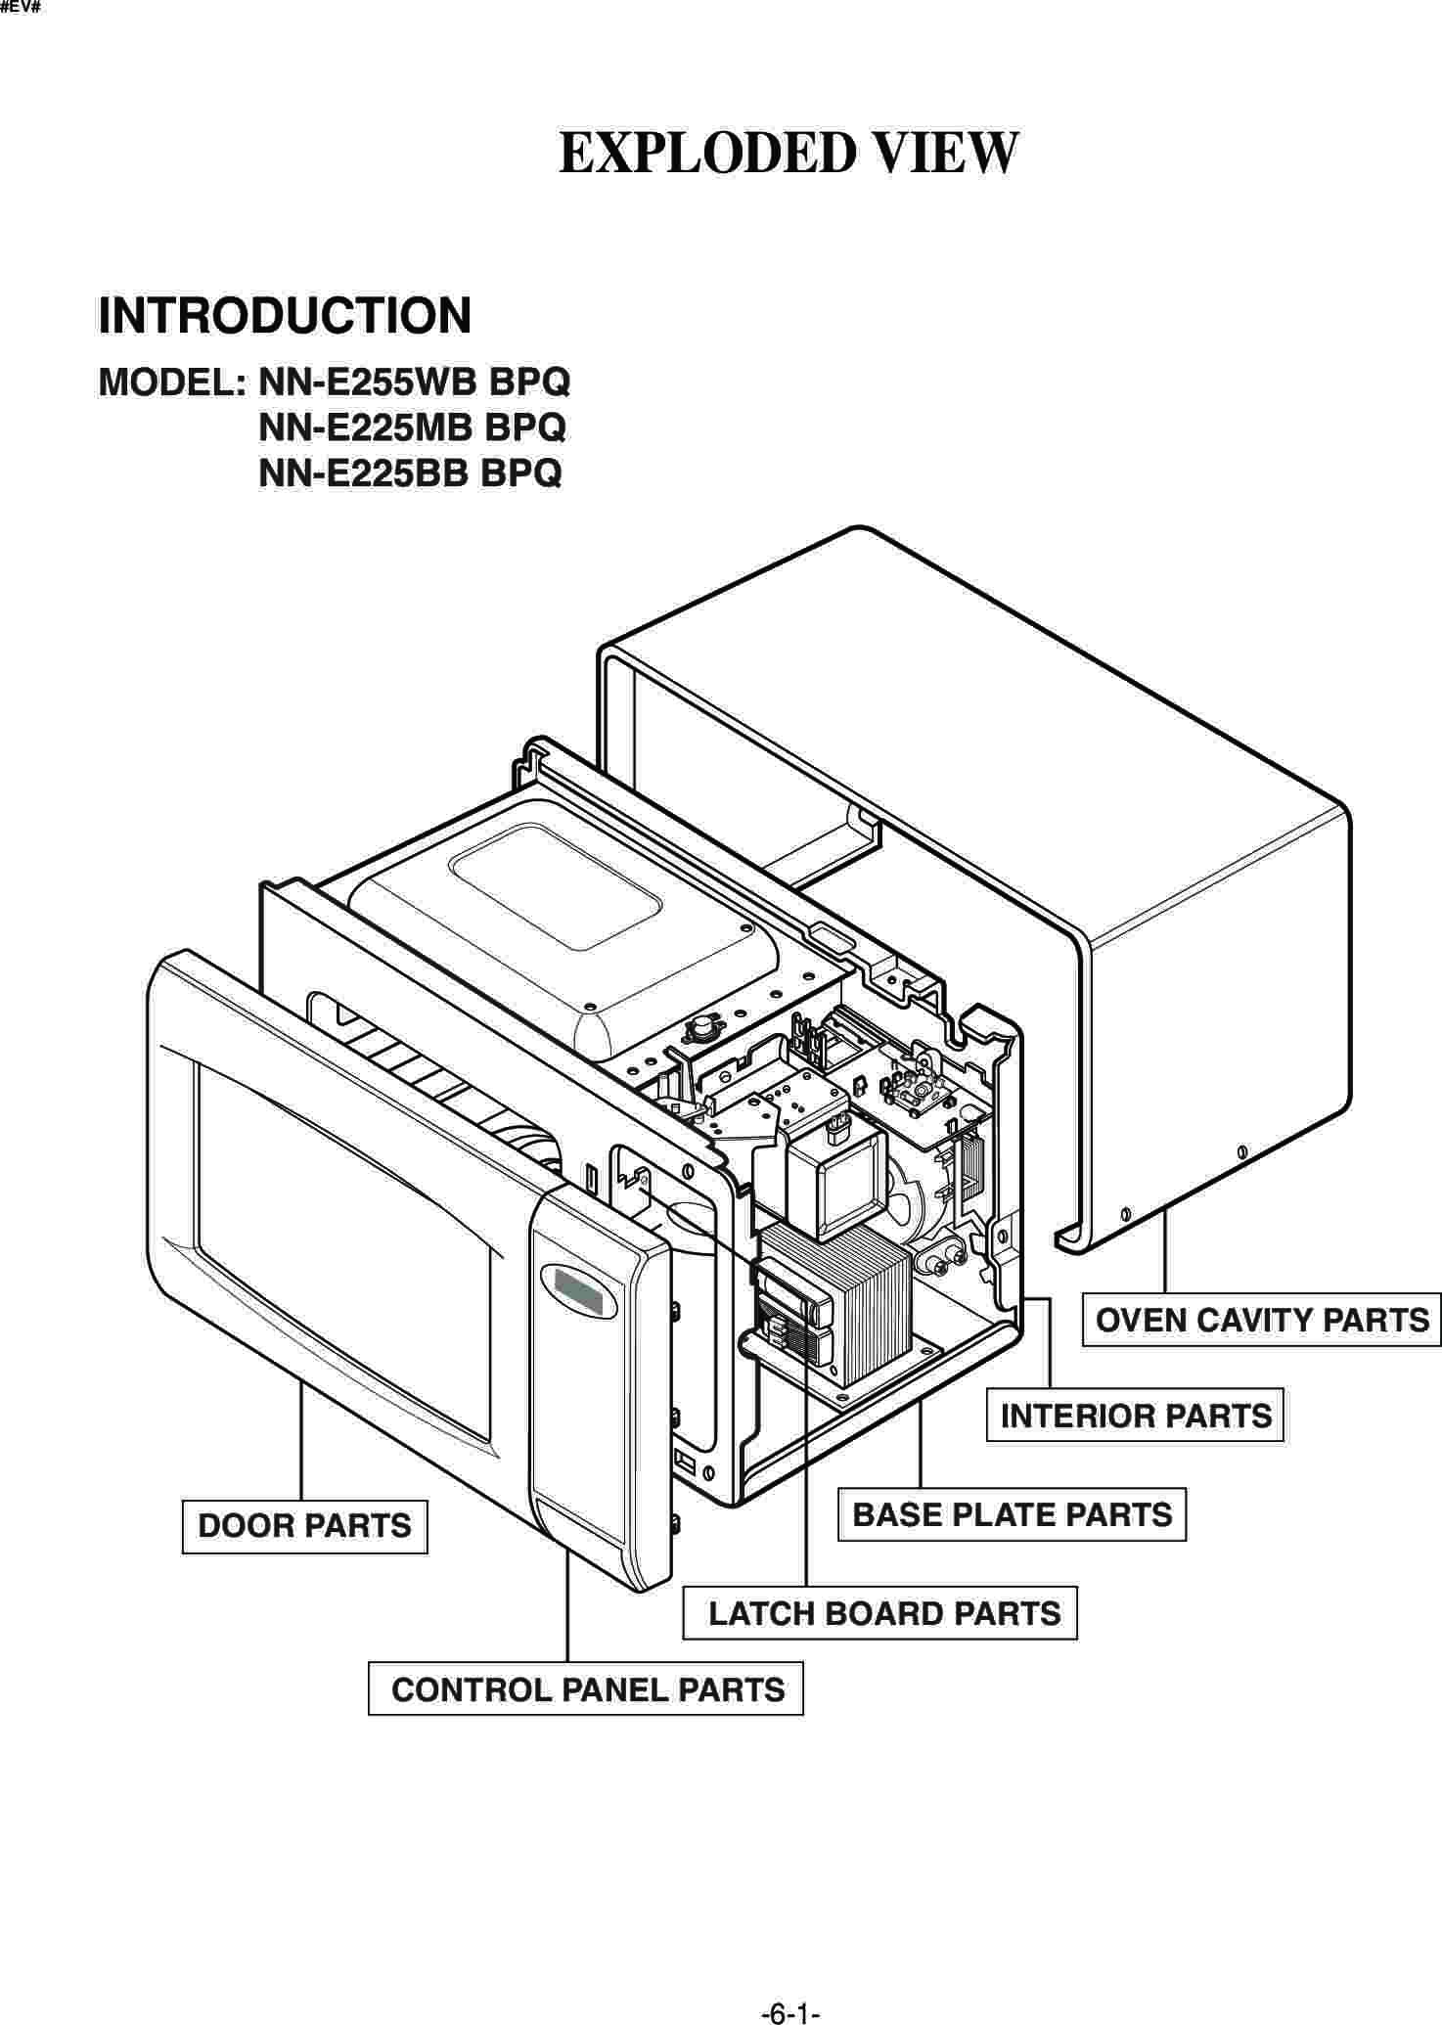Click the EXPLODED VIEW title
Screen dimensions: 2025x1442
(789, 154)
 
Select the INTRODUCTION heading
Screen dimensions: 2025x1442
(285, 316)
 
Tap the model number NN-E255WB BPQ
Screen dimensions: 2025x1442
(414, 382)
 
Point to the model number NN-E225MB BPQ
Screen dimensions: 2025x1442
(412, 427)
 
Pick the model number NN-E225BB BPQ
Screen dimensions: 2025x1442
(410, 473)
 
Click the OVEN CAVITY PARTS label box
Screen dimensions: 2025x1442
(1261, 1320)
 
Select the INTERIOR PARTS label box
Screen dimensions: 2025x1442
(1135, 1416)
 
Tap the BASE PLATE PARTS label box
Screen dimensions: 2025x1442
(1012, 1514)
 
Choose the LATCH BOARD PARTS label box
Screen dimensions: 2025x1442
(880, 1613)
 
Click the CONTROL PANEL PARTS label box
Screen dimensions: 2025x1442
(586, 1689)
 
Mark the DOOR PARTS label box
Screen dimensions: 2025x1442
(304, 1526)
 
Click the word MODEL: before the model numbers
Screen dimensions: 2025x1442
(172, 382)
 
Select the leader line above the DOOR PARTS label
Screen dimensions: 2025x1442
(300, 1443)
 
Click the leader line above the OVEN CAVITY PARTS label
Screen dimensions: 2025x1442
(1165, 1252)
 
